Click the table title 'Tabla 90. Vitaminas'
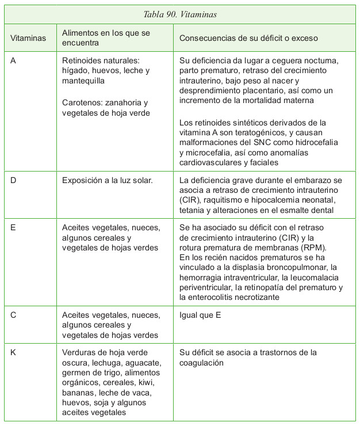tap(180, 14)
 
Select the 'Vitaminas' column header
tap(28, 38)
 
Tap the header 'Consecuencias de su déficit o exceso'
tap(248, 38)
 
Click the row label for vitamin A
tap(14, 60)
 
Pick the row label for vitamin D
tap(14, 180)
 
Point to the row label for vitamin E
tap(14, 227)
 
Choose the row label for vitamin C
tap(14, 315)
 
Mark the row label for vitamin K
tap(14, 352)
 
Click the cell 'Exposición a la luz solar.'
tap(108, 180)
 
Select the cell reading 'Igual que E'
tap(200, 315)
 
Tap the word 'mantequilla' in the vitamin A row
tap(83, 81)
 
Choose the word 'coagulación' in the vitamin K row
tap(202, 363)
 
